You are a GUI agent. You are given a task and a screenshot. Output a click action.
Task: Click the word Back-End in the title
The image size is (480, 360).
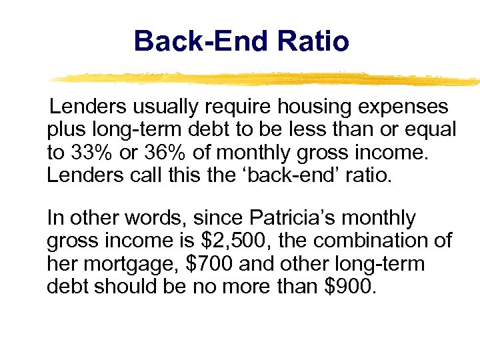tap(193, 41)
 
